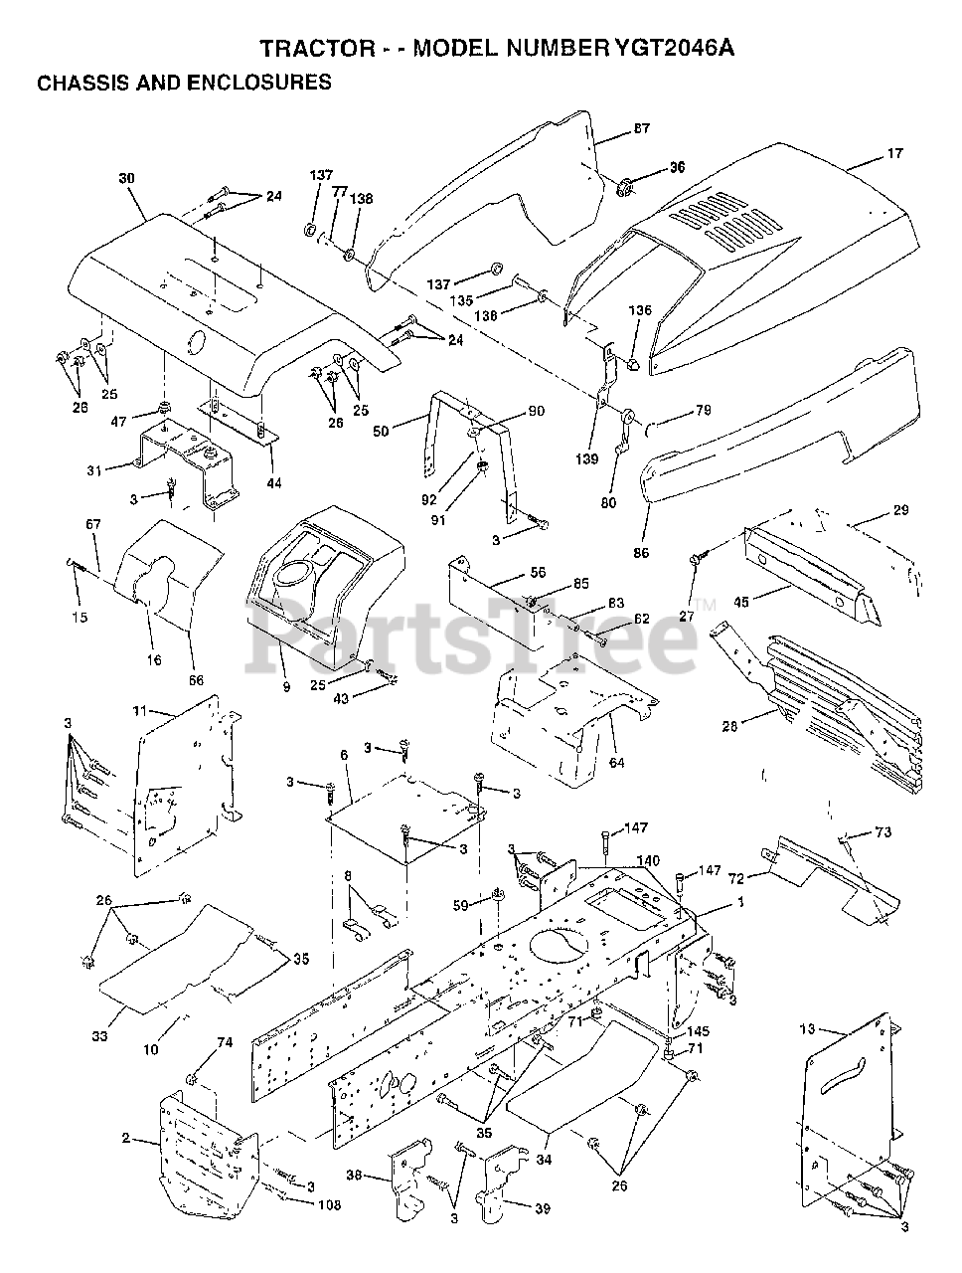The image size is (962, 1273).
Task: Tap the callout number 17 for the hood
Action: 894,154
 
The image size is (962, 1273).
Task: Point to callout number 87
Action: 641,128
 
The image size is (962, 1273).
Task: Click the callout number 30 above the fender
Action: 126,178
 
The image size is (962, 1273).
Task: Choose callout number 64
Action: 617,734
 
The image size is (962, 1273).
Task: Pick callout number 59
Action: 460,905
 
